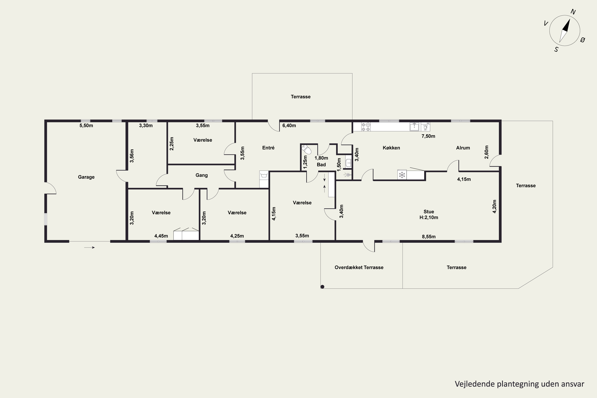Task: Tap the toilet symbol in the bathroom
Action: (x=306, y=149)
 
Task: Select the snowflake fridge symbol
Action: (x=402, y=175)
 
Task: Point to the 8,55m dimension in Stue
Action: (x=429, y=237)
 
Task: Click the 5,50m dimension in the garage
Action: (x=86, y=125)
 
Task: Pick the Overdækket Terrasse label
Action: (x=359, y=267)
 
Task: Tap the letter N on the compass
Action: (x=573, y=12)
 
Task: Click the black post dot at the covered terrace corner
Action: (x=322, y=287)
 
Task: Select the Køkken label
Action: (x=391, y=148)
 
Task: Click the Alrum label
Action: (x=463, y=148)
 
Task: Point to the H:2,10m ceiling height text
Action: (x=429, y=217)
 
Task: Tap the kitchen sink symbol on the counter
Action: (x=414, y=127)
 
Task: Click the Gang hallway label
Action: (x=202, y=175)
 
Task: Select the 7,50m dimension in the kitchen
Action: (x=428, y=136)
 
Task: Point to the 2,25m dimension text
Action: (x=172, y=144)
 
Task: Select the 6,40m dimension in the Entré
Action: (x=289, y=125)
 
